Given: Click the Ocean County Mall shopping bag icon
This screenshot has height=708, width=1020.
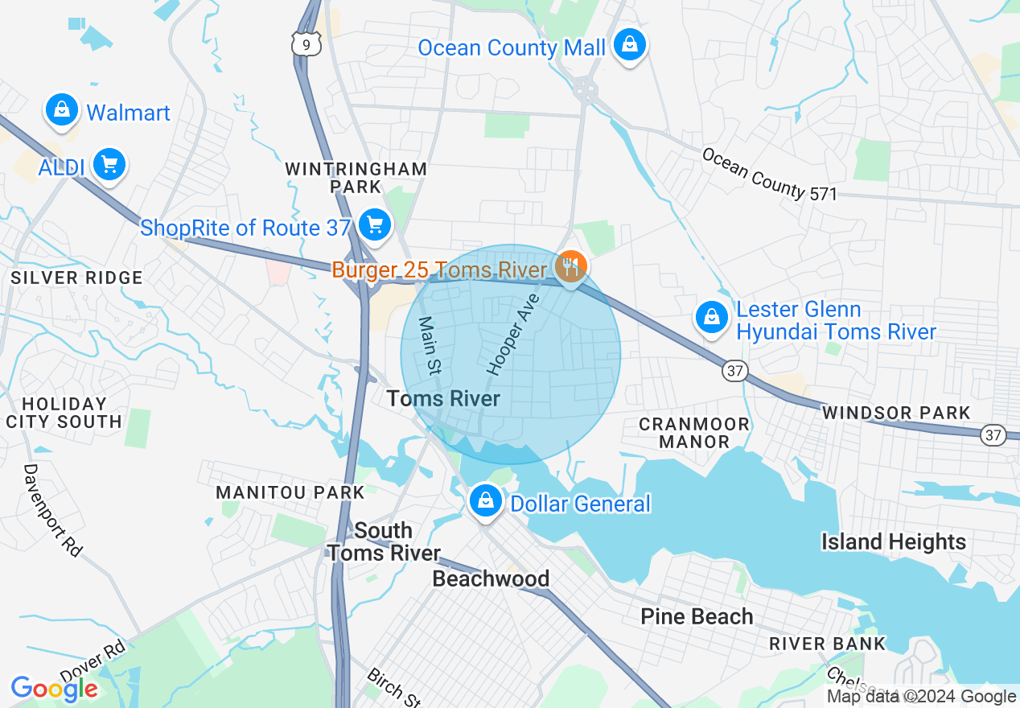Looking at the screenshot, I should click(x=629, y=45).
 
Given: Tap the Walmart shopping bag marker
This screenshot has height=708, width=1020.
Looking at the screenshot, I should click(x=62, y=110).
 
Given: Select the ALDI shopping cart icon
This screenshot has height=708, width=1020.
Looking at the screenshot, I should click(x=109, y=165).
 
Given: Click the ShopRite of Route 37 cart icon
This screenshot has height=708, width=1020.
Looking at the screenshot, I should click(x=374, y=224).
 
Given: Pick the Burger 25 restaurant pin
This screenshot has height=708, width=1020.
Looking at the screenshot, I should click(x=571, y=265).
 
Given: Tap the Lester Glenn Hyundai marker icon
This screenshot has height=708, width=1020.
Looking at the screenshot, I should click(x=712, y=318).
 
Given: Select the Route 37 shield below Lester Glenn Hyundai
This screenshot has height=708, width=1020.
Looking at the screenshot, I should click(x=734, y=371).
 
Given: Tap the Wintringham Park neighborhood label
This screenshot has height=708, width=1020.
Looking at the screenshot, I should click(x=356, y=178).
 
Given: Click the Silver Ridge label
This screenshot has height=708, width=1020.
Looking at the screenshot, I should click(x=76, y=278).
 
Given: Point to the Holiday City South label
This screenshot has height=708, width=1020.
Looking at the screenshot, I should click(x=64, y=413).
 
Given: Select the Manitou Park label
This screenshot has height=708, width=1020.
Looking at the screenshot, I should click(x=290, y=492).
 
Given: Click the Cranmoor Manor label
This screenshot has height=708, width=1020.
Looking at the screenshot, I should click(x=694, y=432).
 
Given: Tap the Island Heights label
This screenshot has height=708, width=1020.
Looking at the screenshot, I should click(x=893, y=541).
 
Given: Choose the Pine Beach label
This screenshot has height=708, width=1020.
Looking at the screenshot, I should click(x=697, y=616).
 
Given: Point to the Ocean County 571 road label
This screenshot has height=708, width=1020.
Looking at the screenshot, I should click(x=769, y=173).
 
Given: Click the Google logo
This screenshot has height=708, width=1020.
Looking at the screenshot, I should click(x=54, y=689).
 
